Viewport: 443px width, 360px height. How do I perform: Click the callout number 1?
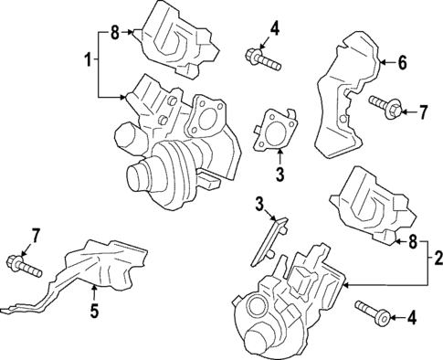[89, 61]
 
